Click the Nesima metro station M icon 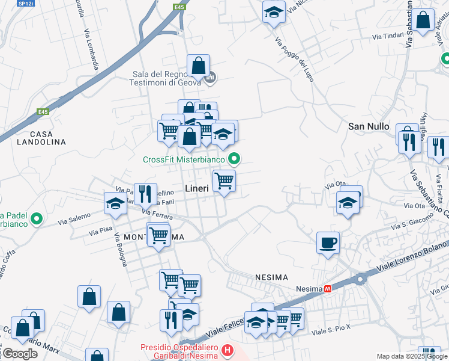[x=328, y=289]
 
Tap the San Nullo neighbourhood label [x=369, y=126]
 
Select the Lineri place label [x=197, y=188]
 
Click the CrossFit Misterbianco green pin [x=235, y=159]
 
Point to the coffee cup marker [x=328, y=242]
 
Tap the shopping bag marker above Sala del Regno [x=198, y=66]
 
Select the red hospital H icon [x=227, y=349]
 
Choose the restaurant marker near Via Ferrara [x=145, y=194]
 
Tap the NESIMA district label [x=271, y=277]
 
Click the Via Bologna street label [x=119, y=253]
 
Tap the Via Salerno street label [x=74, y=218]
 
